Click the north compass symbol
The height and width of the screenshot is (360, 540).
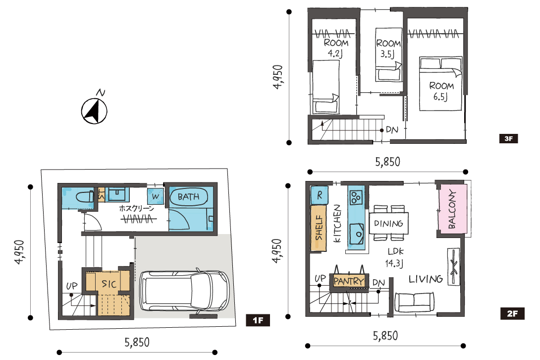(x=94, y=111)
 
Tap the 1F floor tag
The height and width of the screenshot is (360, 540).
(x=258, y=320)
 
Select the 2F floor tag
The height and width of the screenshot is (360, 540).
(x=512, y=313)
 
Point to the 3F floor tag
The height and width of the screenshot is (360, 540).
(x=509, y=139)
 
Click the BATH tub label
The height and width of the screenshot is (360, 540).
(x=188, y=197)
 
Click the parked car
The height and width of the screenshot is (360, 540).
(x=184, y=291)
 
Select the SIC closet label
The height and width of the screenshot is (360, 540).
(x=109, y=284)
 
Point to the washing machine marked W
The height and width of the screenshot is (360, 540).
(x=156, y=196)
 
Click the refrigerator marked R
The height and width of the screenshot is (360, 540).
(x=319, y=195)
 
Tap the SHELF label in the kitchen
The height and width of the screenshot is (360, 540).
(x=319, y=228)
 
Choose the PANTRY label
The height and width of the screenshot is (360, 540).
(x=348, y=281)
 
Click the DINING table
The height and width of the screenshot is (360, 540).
(x=388, y=224)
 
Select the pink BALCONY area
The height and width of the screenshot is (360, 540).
(x=452, y=209)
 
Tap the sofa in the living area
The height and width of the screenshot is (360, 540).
(x=414, y=302)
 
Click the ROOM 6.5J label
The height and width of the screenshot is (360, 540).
(x=441, y=91)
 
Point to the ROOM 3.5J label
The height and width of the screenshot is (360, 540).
(x=388, y=49)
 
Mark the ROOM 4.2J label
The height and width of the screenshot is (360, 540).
(x=336, y=48)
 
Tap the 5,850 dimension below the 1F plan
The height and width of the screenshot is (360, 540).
(x=137, y=342)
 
